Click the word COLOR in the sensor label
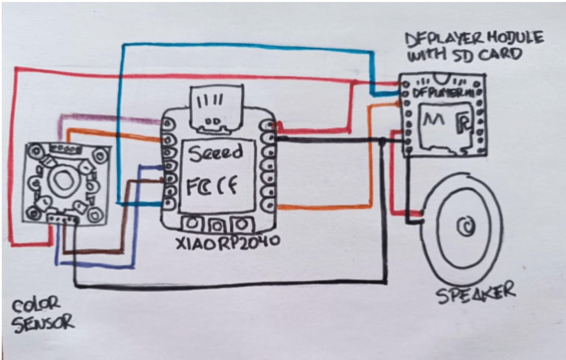[x=36, y=303]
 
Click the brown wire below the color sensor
[x=99, y=251]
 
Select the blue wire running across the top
[x=248, y=46]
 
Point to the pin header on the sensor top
[x=62, y=148]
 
